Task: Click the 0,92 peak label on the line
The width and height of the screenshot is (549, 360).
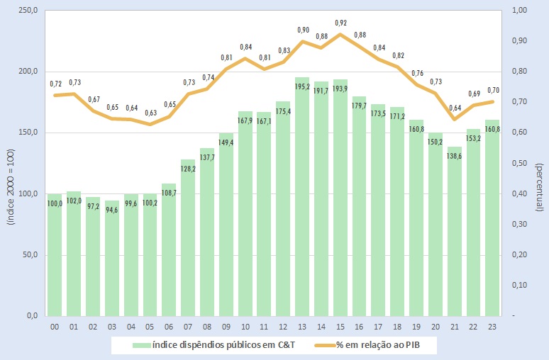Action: (340, 23)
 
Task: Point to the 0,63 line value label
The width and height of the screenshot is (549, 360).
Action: (150, 113)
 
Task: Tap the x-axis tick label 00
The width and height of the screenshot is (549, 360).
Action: (55, 327)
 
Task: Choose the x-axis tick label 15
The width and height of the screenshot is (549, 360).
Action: (341, 327)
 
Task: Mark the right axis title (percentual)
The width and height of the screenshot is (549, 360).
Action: (539, 163)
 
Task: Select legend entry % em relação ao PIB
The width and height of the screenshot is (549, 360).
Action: (386, 345)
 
